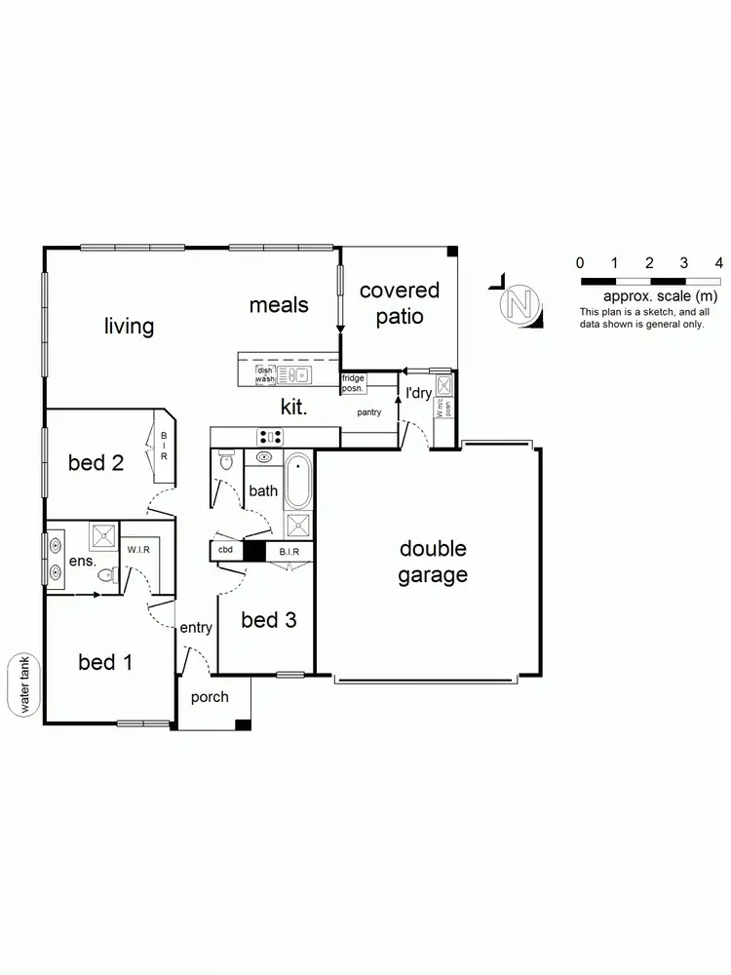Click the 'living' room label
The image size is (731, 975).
(130, 326)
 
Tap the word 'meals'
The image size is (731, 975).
(279, 305)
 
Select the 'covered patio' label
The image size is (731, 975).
(400, 302)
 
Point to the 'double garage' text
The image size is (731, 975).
(432, 562)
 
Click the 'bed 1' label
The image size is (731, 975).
(104, 663)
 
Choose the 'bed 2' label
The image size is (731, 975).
(96, 462)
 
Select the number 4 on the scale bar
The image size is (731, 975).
(718, 262)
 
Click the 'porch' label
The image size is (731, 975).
(210, 696)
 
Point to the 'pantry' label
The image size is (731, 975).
(369, 412)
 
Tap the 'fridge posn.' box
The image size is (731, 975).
(353, 383)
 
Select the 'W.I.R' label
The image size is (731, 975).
(137, 550)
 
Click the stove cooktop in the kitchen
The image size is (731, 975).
(270, 437)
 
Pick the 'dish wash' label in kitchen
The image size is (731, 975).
(264, 373)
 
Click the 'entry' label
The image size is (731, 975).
(196, 628)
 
